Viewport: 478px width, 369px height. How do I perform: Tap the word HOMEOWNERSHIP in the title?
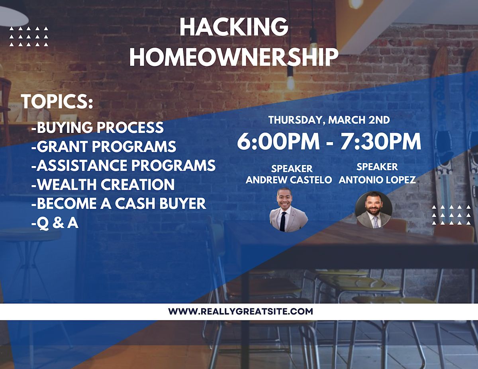(x=234, y=57)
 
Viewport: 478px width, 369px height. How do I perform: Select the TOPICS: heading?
(x=57, y=102)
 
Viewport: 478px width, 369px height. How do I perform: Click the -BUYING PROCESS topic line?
(x=98, y=127)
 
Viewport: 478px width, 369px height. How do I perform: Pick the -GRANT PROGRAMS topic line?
(x=104, y=146)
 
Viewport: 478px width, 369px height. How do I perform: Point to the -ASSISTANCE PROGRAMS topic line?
(x=123, y=165)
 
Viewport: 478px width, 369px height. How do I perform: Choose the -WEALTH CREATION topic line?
(x=103, y=184)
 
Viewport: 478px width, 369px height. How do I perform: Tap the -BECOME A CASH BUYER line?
(x=119, y=203)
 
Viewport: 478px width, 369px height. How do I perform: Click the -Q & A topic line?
(x=55, y=223)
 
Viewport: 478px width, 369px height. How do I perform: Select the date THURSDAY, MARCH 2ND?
(x=329, y=120)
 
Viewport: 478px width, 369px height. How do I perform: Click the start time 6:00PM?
(x=278, y=141)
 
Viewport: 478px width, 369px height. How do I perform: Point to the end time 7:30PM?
(x=380, y=141)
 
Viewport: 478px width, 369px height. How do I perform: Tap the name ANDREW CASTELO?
(x=289, y=180)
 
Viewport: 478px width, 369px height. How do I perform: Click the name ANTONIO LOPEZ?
(x=377, y=180)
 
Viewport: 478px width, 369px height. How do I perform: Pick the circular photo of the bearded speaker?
(x=374, y=210)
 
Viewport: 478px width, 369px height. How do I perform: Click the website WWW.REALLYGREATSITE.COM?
(x=241, y=311)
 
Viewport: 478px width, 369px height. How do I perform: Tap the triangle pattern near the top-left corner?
(x=28, y=36)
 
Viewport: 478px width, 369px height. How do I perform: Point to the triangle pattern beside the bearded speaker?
(x=451, y=215)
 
